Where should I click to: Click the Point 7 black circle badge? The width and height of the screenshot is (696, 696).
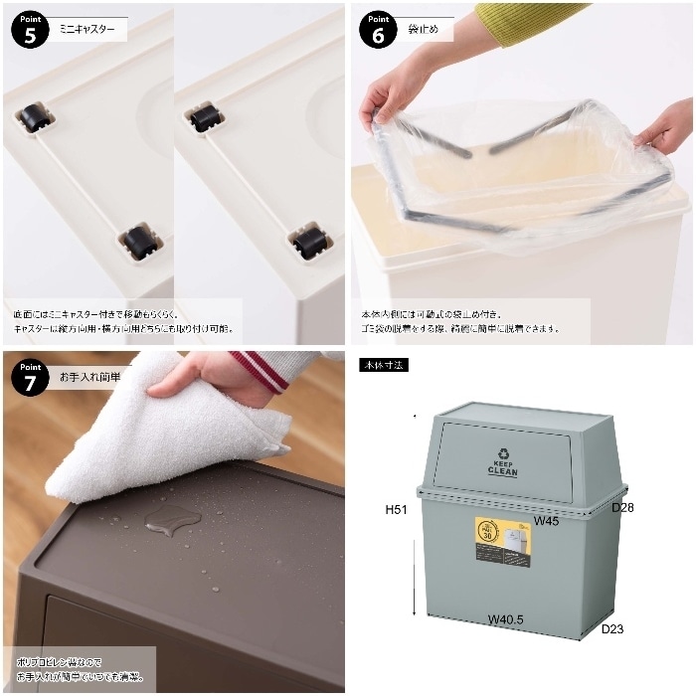[x=30, y=378]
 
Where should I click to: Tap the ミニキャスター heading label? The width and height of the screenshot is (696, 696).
[x=93, y=30]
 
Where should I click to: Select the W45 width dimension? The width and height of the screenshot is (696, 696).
[x=544, y=520]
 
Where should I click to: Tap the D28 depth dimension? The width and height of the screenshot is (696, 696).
[x=622, y=507]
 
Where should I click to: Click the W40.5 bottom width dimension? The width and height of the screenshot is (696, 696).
[x=506, y=618]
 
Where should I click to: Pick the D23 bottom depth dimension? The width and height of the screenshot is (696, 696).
[x=611, y=628]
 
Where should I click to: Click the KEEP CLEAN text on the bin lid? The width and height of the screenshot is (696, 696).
[x=503, y=468]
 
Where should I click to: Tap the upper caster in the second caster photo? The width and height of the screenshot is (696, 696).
[x=204, y=117]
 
